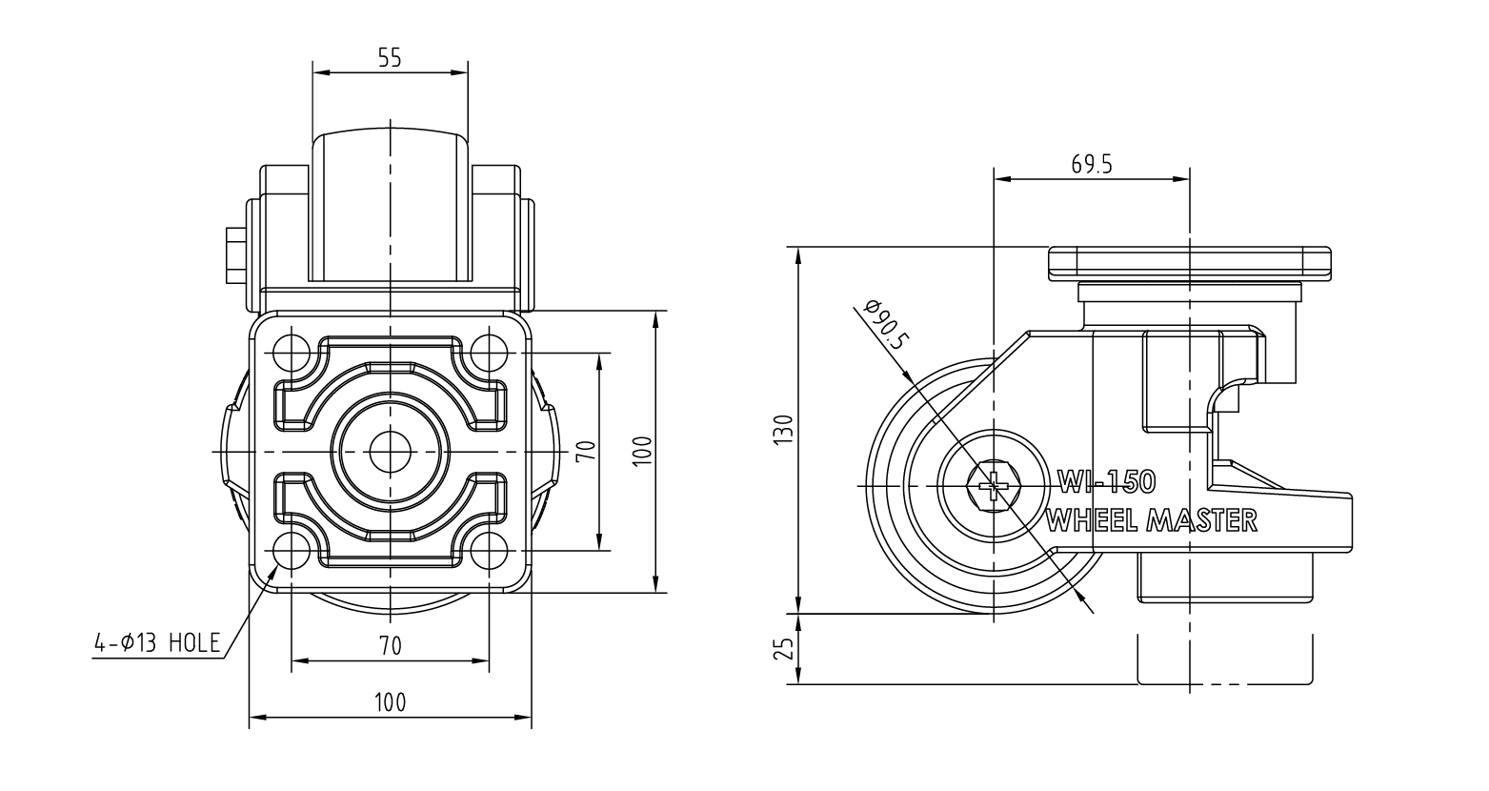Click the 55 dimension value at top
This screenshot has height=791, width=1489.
(391, 58)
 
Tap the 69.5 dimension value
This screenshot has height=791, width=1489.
(1092, 164)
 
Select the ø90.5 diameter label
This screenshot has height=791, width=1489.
(886, 325)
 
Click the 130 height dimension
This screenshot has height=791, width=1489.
(785, 430)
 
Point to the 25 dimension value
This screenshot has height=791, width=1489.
(785, 648)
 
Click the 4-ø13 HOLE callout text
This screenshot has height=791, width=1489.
(157, 642)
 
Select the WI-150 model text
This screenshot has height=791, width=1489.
(1107, 482)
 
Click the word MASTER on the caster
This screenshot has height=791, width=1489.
(1206, 520)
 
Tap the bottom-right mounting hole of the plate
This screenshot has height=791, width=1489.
(490, 551)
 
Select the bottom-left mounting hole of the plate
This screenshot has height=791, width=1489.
(292, 551)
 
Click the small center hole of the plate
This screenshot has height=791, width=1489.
(391, 452)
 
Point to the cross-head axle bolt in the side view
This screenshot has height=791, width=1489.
(993, 487)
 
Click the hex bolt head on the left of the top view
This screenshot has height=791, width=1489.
(236, 256)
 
